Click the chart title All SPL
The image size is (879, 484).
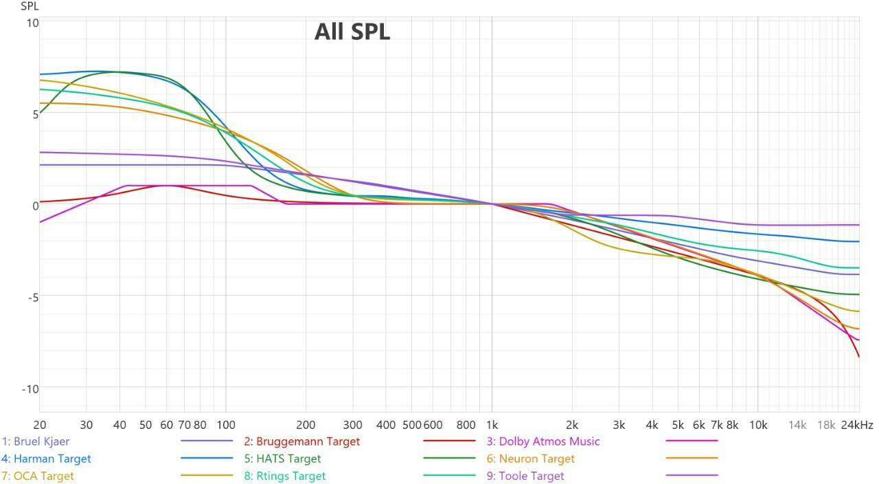pos(352,32)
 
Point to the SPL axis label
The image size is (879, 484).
pos(30,7)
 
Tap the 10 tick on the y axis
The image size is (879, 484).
pos(32,23)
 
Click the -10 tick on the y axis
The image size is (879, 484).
pos(30,389)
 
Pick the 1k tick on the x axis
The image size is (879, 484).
pos(491,425)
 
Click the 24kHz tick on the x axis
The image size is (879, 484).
pos(858,425)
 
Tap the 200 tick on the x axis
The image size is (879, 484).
pos(306,425)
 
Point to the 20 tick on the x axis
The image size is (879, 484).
pos(40,425)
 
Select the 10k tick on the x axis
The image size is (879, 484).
pos(757,425)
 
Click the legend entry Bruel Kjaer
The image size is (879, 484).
pos(36,441)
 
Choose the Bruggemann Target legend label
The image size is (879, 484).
pos(301,441)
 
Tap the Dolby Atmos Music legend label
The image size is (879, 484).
pos(543,441)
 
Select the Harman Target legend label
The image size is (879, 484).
pos(46,459)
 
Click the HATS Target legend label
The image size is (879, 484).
pos(282,459)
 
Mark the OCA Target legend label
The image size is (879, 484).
pos(38,476)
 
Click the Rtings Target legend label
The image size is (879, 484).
pos(285,476)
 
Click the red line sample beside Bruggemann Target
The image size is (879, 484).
pos(449,441)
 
